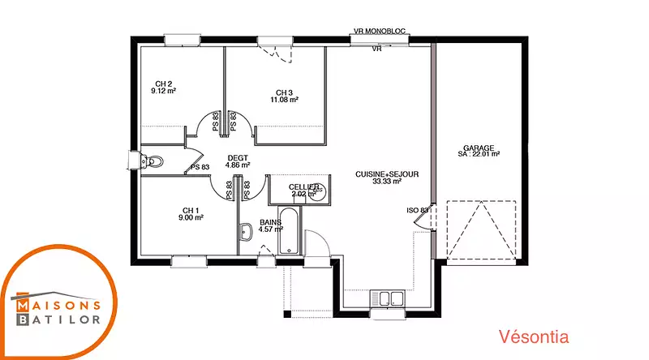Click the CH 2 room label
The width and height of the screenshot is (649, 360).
click(164, 84)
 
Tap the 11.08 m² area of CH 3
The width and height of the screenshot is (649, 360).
click(285, 100)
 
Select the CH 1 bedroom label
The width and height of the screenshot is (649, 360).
click(191, 211)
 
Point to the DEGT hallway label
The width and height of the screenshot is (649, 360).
click(238, 158)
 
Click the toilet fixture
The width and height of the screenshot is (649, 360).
click(152, 161)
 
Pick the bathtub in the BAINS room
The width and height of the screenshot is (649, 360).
click(289, 230)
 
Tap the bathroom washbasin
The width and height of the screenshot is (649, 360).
click(246, 232)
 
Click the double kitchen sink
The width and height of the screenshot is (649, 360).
click(387, 298)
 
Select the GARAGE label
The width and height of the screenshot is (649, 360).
click(479, 148)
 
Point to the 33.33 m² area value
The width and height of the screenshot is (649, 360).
click(387, 182)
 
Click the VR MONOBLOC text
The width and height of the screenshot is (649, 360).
click(380, 31)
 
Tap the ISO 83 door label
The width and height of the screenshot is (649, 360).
click(417, 211)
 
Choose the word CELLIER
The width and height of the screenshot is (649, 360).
click(303, 187)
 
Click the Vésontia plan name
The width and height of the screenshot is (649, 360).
click(534, 336)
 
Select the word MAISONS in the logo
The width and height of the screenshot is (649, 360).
click(58, 306)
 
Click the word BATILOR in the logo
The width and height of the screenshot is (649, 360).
click(58, 319)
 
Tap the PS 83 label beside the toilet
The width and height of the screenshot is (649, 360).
click(200, 167)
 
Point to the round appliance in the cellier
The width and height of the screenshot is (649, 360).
click(318, 191)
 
